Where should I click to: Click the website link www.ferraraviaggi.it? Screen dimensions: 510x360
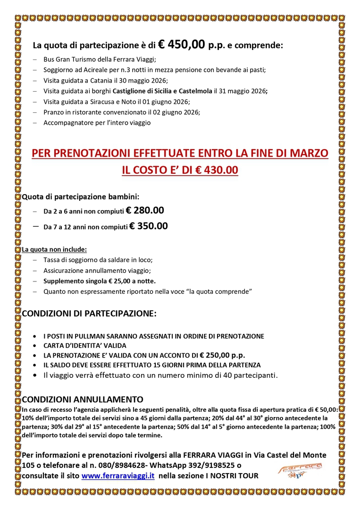[118, 476]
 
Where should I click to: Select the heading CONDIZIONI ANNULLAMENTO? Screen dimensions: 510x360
[83, 399]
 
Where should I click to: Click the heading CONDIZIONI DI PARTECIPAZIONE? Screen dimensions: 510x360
[89, 314]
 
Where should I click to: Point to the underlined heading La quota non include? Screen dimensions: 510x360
[55, 249]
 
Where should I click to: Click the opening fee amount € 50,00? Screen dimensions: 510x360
[326, 409]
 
